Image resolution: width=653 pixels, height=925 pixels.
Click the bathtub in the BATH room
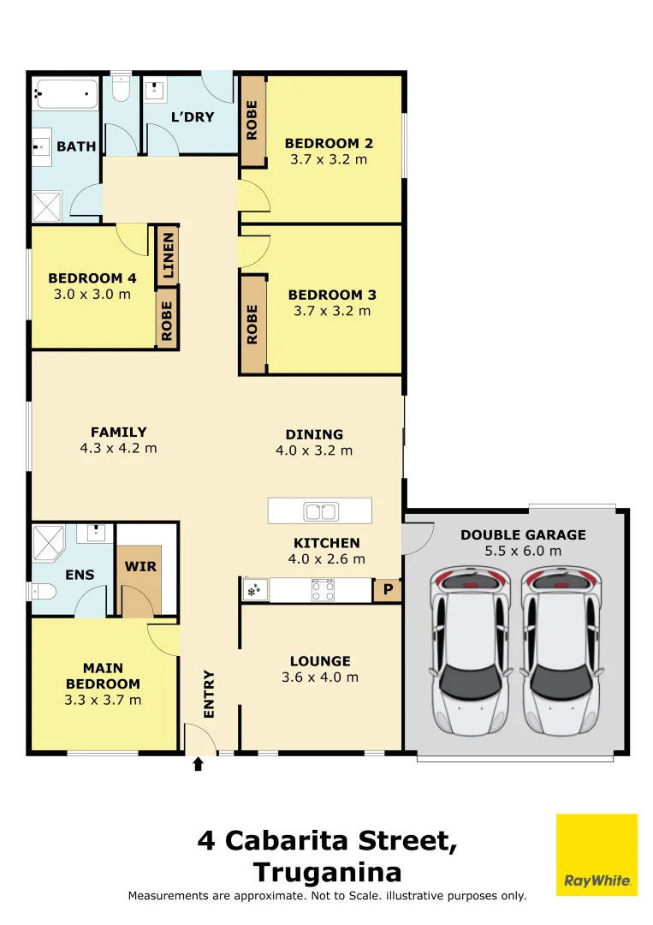tap(65, 94)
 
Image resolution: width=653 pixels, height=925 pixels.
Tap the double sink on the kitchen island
tap(321, 511)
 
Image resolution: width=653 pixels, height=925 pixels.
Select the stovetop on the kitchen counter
tap(323, 590)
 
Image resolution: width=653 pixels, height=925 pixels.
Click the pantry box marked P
tap(388, 589)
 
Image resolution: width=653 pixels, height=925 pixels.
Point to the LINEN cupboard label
tap(168, 255)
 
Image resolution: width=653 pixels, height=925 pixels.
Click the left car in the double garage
tap(470, 650)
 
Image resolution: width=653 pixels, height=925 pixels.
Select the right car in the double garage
tap(561, 650)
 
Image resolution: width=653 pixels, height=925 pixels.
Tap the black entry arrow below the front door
tap(198, 764)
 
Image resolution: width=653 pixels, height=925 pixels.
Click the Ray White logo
tap(597, 855)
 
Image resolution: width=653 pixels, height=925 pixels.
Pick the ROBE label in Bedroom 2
tap(252, 121)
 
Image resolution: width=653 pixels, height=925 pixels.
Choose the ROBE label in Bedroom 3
tap(252, 325)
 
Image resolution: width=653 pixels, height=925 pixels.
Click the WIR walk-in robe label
tap(141, 566)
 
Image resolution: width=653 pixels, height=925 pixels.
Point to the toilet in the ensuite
tap(43, 591)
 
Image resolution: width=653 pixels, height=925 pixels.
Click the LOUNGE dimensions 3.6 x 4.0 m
tap(320, 677)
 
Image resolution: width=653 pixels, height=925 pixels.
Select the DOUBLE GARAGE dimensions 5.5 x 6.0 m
tap(524, 551)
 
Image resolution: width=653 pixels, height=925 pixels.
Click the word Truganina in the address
tap(327, 872)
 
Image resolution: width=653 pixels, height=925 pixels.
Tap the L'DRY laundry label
tap(193, 116)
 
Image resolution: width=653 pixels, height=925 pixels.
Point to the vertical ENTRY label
tap(209, 695)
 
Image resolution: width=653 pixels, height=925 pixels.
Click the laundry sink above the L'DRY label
tap(154, 90)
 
